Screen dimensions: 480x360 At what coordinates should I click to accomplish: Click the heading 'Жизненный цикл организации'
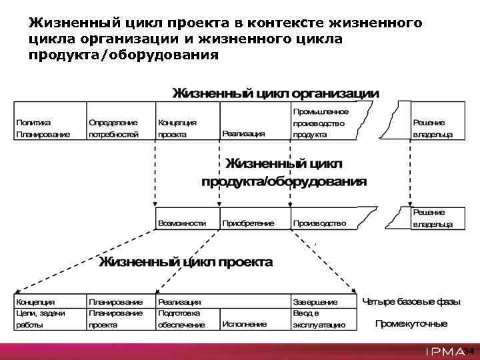click(x=276, y=93)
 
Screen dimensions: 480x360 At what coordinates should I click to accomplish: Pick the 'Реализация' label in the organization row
click(x=243, y=133)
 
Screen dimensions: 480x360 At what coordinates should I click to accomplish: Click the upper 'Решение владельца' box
click(x=432, y=128)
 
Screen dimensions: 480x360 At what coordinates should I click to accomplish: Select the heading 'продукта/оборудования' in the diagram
click(x=284, y=181)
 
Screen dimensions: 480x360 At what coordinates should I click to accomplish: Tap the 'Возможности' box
click(x=182, y=223)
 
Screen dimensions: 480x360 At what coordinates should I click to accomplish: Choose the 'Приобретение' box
click(x=249, y=223)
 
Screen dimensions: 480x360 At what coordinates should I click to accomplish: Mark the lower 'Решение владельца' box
click(x=432, y=218)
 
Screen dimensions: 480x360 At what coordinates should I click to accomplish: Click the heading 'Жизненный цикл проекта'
click(x=186, y=262)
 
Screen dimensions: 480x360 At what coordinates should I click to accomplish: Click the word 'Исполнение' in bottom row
click(x=245, y=324)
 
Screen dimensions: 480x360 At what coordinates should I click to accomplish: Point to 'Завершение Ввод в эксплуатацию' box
click(x=320, y=313)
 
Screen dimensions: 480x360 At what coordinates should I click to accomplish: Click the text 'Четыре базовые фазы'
click(x=411, y=302)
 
